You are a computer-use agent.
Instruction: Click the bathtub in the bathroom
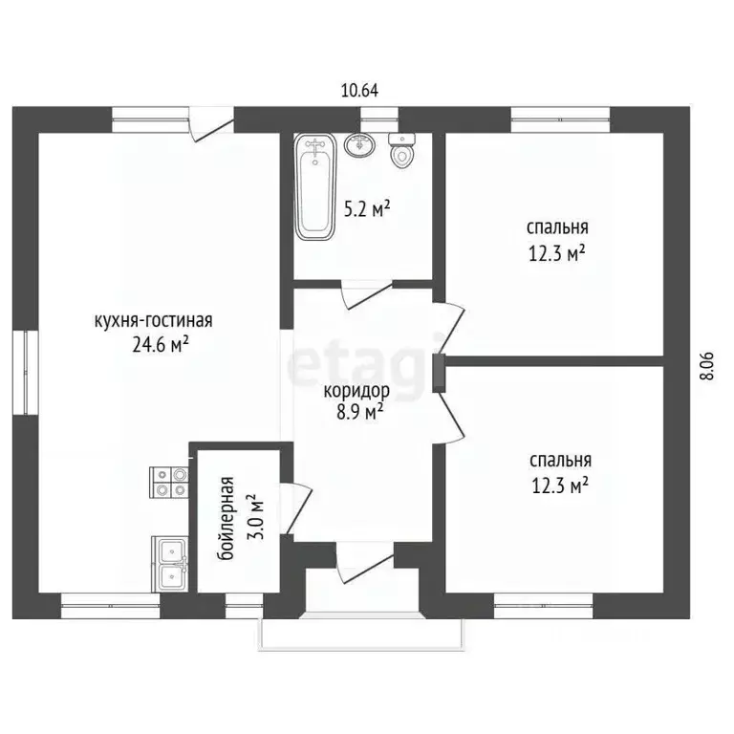[x=315, y=187]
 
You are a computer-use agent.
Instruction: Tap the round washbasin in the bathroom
[x=359, y=144]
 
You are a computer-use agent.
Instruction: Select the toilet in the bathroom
[x=401, y=150]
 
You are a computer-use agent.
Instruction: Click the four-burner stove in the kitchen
[x=168, y=482]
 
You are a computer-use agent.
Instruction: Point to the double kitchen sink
[x=169, y=564]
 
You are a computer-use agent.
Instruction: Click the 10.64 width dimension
[x=359, y=91]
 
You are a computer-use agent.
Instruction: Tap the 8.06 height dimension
[x=707, y=366]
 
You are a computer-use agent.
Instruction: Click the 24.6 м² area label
[x=161, y=345]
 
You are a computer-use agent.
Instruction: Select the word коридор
[x=356, y=391]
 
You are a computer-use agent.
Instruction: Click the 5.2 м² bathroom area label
[x=367, y=209]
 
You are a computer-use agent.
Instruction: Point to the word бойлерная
[x=226, y=519]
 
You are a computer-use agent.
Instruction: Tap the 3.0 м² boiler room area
[x=255, y=517]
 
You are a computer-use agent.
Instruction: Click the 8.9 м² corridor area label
[x=360, y=412]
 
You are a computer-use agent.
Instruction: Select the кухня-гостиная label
[x=154, y=321]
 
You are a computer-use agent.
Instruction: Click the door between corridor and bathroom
[x=367, y=294]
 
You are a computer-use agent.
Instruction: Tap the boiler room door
[x=296, y=508]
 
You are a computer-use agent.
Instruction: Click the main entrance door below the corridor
[x=365, y=563]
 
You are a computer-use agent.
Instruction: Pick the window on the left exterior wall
[x=25, y=372]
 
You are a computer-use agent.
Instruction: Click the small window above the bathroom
[x=379, y=119]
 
